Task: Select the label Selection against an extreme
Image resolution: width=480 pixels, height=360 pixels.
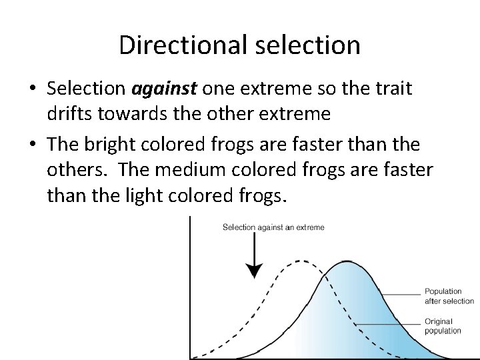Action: pyautogui.click(x=273, y=227)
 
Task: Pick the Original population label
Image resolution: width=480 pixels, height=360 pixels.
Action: pyautogui.click(x=443, y=326)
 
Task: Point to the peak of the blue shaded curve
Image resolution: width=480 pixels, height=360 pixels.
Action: pyautogui.click(x=345, y=262)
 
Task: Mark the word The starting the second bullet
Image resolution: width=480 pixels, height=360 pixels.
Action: pyautogui.click(x=63, y=144)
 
